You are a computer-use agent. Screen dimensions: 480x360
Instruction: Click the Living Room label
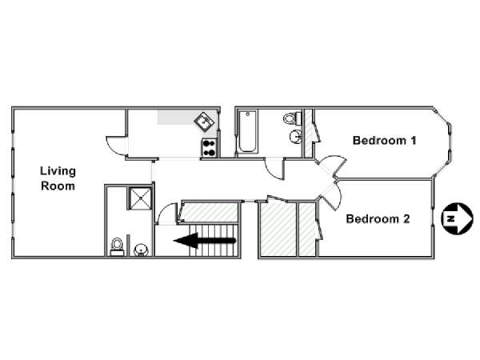[x=58, y=178]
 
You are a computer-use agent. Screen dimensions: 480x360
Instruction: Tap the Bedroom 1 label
[x=385, y=141]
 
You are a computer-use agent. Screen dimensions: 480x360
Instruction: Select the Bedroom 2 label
[x=378, y=219]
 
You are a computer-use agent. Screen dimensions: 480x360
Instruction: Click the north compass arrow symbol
[x=457, y=218]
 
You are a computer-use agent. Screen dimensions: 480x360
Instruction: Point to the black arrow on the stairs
[x=205, y=241]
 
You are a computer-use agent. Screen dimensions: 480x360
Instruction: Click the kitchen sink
[x=204, y=122]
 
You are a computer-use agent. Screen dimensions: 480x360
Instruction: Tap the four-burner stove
[x=210, y=148]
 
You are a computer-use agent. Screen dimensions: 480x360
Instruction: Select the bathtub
[x=248, y=132]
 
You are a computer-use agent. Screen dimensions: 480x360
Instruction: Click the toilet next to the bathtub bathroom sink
[x=292, y=118]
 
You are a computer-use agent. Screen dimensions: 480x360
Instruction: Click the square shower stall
[x=140, y=198]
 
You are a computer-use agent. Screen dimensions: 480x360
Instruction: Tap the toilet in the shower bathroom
[x=117, y=246]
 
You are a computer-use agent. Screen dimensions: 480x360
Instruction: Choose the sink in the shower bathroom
[x=141, y=250]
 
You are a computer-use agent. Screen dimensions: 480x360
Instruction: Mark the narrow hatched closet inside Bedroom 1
[x=308, y=133]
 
